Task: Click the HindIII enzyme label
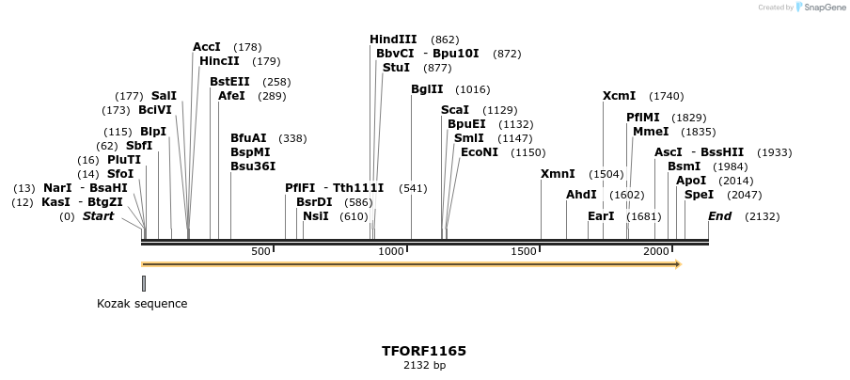(393, 40)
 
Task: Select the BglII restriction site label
(427, 89)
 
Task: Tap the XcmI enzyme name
(619, 96)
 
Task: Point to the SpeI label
(699, 195)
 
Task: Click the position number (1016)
(472, 89)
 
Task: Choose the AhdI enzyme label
(581, 195)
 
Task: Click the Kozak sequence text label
(142, 304)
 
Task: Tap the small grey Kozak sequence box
(144, 283)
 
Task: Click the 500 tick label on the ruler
(260, 251)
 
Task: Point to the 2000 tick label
(655, 251)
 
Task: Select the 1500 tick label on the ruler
(523, 251)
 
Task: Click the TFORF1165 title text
(424, 351)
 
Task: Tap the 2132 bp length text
(424, 365)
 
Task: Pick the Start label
(98, 216)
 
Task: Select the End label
(719, 216)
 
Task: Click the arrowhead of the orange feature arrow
(676, 264)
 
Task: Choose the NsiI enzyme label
(316, 216)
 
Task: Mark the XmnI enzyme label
(558, 174)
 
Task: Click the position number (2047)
(745, 195)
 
